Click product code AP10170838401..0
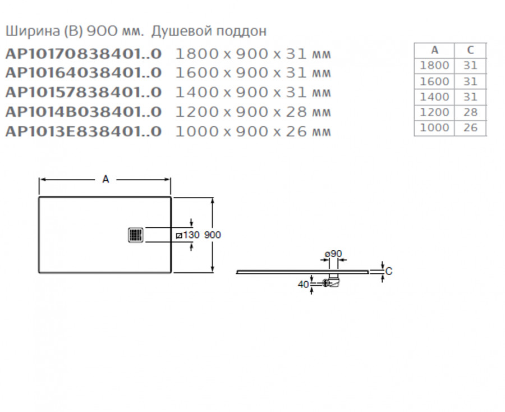(x=83, y=54)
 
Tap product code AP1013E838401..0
(x=83, y=131)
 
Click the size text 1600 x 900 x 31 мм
(x=253, y=73)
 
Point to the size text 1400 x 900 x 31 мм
(x=253, y=93)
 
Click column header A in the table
(x=434, y=50)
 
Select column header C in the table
(x=470, y=50)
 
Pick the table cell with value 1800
(x=434, y=66)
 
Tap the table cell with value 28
(x=470, y=112)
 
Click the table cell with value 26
(x=470, y=128)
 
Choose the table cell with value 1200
(x=434, y=112)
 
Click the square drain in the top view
(x=136, y=234)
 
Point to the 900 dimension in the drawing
(x=212, y=235)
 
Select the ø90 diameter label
(x=334, y=254)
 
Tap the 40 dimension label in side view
(x=303, y=284)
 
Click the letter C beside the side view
(x=388, y=271)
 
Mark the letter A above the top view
(x=105, y=179)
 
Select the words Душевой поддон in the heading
(x=209, y=31)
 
